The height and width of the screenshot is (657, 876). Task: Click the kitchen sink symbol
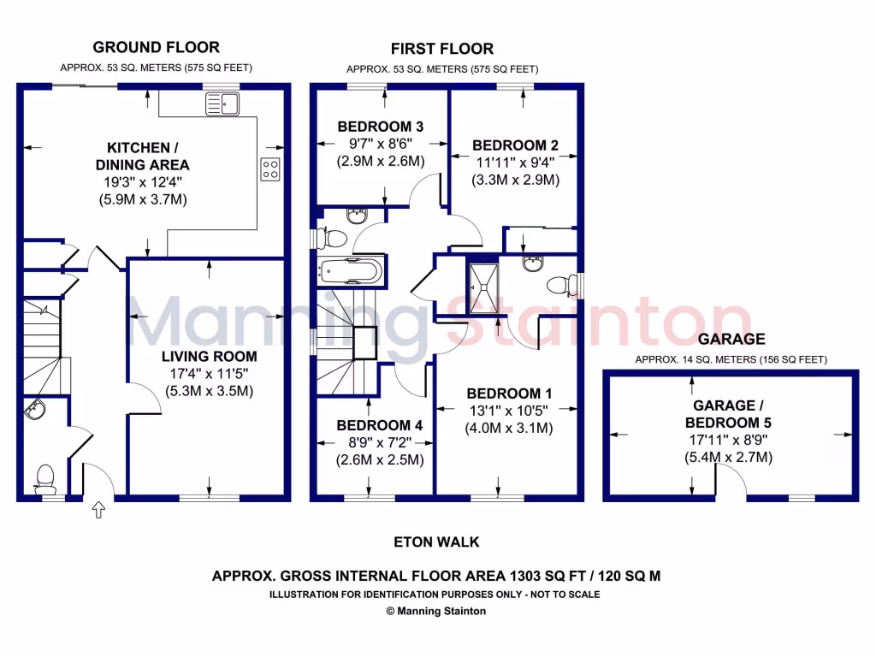pos(222,104)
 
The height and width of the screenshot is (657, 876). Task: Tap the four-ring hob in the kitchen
pos(270,169)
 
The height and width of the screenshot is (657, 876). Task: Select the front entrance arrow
pos(98,511)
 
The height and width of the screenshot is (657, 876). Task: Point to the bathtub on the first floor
pos(350,271)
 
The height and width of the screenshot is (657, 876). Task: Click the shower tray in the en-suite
pos(480,287)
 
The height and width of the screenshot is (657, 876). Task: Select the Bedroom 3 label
pos(381,127)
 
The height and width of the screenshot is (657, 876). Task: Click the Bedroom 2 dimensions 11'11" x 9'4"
pos(515,163)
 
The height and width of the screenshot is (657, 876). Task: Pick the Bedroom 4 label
pos(373,425)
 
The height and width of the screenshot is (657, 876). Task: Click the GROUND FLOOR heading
pos(156,47)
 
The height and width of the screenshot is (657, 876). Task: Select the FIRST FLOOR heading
pos(441,49)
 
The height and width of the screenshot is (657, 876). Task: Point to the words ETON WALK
pos(436,542)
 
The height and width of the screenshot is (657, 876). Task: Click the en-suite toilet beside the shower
pos(560,283)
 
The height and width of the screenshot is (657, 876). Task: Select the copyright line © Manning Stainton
pos(436,611)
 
